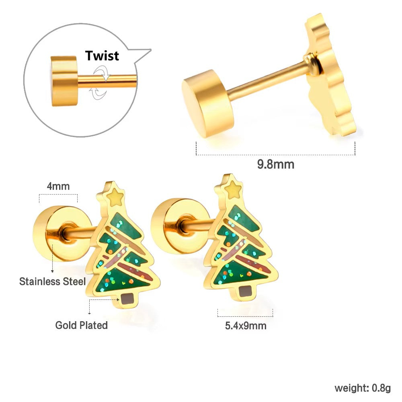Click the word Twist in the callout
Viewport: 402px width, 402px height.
(102, 55)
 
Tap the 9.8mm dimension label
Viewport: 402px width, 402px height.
(276, 164)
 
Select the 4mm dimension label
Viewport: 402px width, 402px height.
(58, 186)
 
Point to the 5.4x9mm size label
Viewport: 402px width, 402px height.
(246, 326)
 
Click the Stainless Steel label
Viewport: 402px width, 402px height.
(53, 281)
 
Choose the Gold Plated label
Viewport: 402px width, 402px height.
(82, 325)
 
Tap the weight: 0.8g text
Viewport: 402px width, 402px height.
(363, 388)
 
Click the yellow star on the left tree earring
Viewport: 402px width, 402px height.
(115, 197)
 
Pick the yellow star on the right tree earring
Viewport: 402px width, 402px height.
(233, 190)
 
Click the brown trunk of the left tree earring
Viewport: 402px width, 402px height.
(127, 299)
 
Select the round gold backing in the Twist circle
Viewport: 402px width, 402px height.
(64, 81)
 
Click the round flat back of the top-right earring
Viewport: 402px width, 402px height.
(208, 104)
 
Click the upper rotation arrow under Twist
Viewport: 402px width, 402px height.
(102, 72)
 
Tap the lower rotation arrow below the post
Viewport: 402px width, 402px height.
(98, 93)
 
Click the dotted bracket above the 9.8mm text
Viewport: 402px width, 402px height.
(276, 155)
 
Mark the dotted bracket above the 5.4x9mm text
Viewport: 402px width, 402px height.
(245, 316)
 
